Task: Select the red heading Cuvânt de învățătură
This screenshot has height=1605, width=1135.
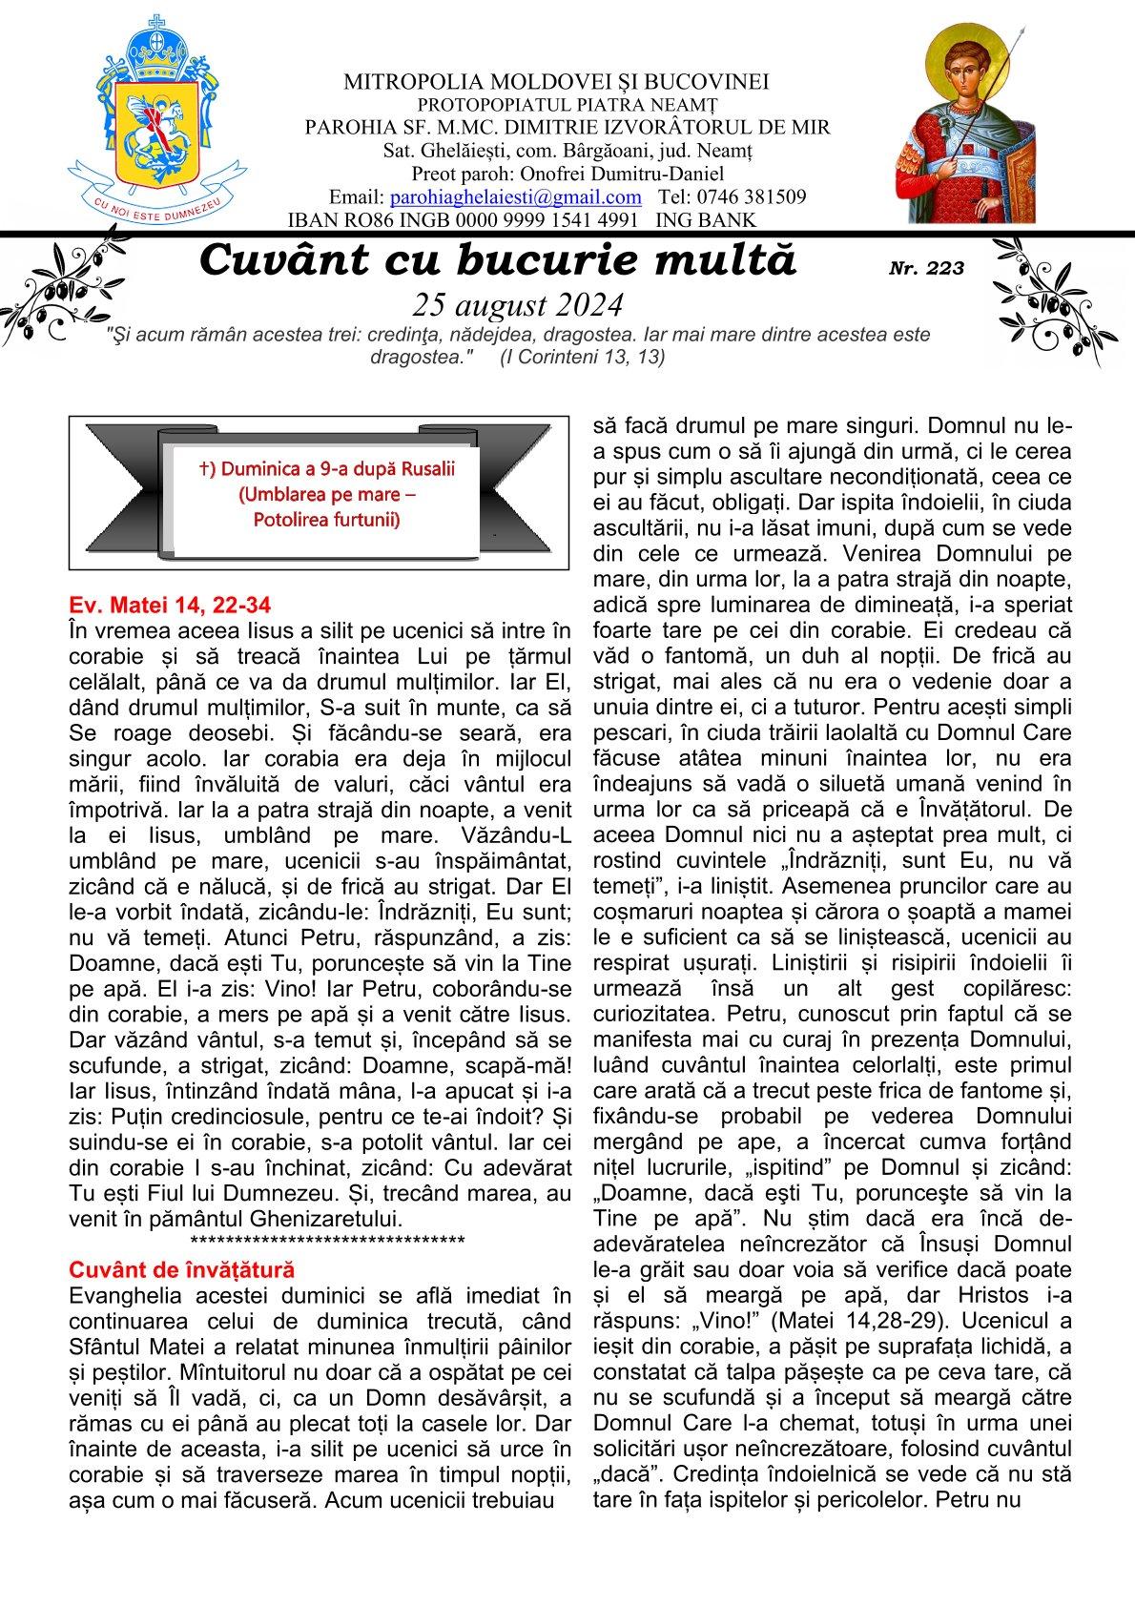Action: (x=182, y=1269)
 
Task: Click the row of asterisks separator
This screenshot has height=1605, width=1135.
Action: (x=327, y=1241)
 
